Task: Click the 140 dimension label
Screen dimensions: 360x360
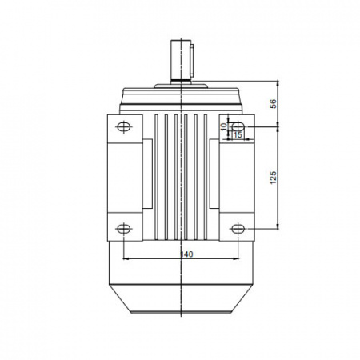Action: pyautogui.click(x=186, y=254)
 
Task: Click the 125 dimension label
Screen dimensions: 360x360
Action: pyautogui.click(x=274, y=178)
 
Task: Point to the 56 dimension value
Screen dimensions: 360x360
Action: pyautogui.click(x=274, y=103)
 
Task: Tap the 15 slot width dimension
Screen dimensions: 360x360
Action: pyautogui.click(x=238, y=135)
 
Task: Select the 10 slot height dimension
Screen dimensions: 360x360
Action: pyautogui.click(x=224, y=126)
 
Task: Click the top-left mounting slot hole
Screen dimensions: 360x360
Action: pyautogui.click(x=124, y=126)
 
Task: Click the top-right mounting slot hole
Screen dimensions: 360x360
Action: pyautogui.click(x=238, y=126)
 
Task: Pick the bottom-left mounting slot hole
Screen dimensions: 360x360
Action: pyautogui.click(x=124, y=229)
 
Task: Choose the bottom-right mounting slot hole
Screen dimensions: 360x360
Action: pyautogui.click(x=238, y=229)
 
